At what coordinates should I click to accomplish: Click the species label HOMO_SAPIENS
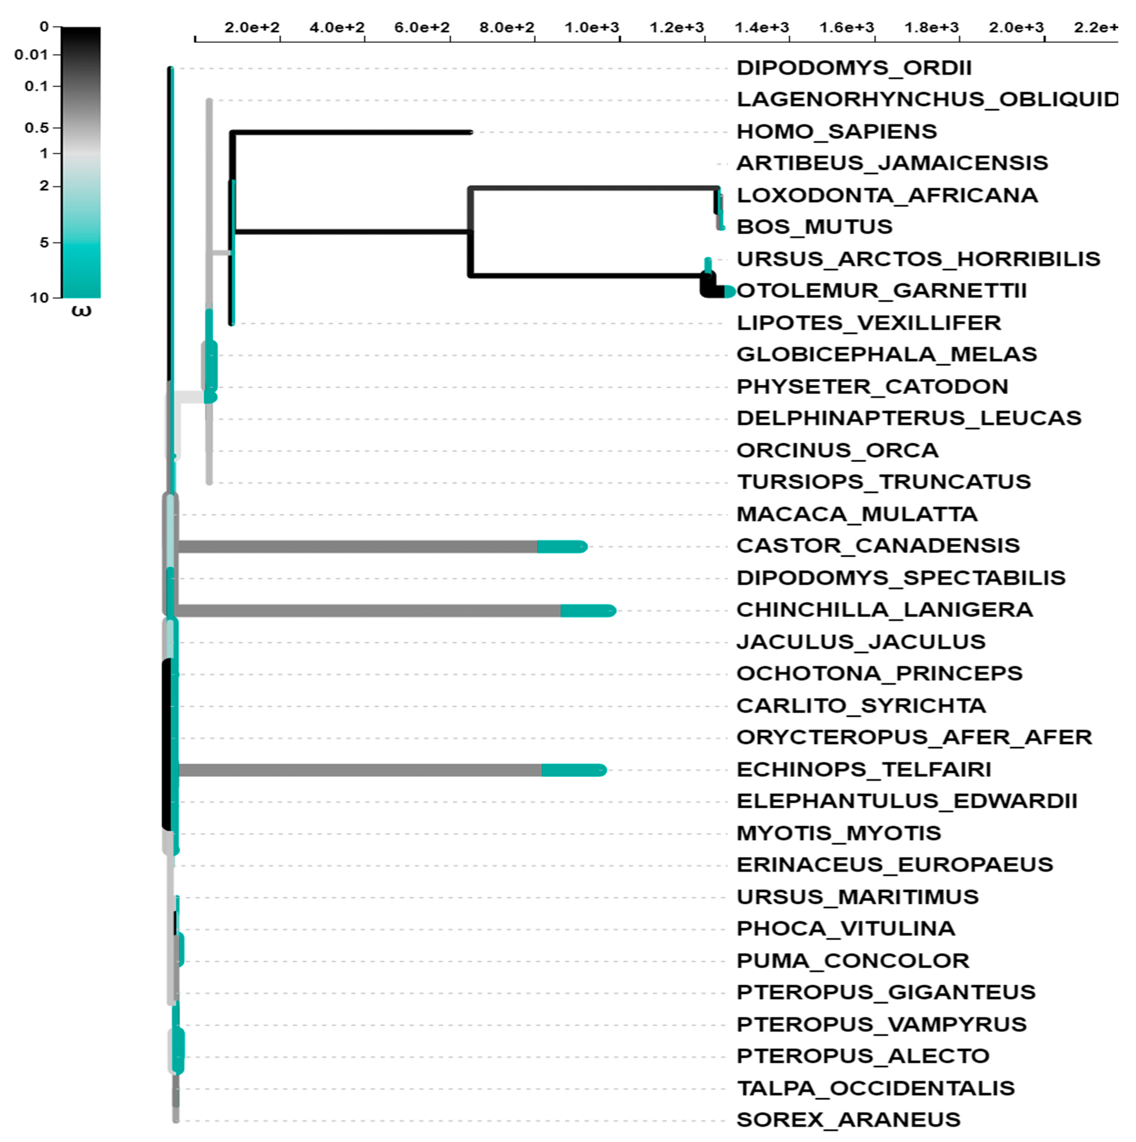[837, 131]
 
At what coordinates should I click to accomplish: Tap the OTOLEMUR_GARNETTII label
[881, 291]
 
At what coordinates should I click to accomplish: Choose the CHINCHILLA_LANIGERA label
[884, 609]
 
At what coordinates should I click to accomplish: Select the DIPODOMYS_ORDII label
[854, 68]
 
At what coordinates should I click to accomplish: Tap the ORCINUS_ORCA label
[837, 450]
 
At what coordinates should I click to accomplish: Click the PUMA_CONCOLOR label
[852, 960]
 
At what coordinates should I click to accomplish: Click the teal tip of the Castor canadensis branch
[562, 547]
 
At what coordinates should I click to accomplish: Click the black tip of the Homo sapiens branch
[470, 132]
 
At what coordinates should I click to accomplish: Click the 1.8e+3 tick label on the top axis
[932, 27]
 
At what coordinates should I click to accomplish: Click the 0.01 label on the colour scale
[31, 55]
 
